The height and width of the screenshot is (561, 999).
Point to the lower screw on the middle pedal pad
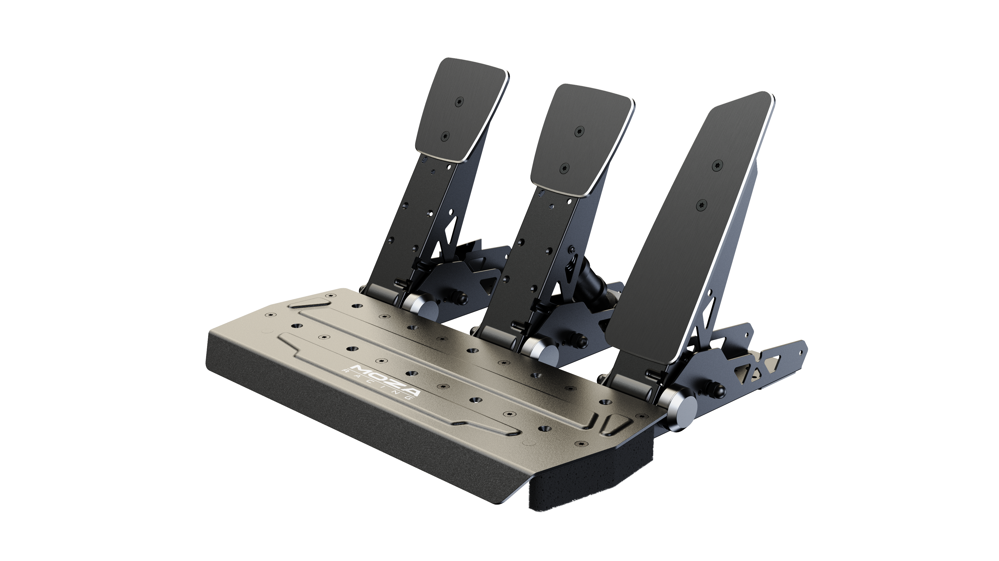point(564,168)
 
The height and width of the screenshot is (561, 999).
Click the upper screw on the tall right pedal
point(718,165)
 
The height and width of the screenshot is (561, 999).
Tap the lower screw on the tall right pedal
point(702,205)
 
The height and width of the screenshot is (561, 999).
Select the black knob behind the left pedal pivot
point(462,299)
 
